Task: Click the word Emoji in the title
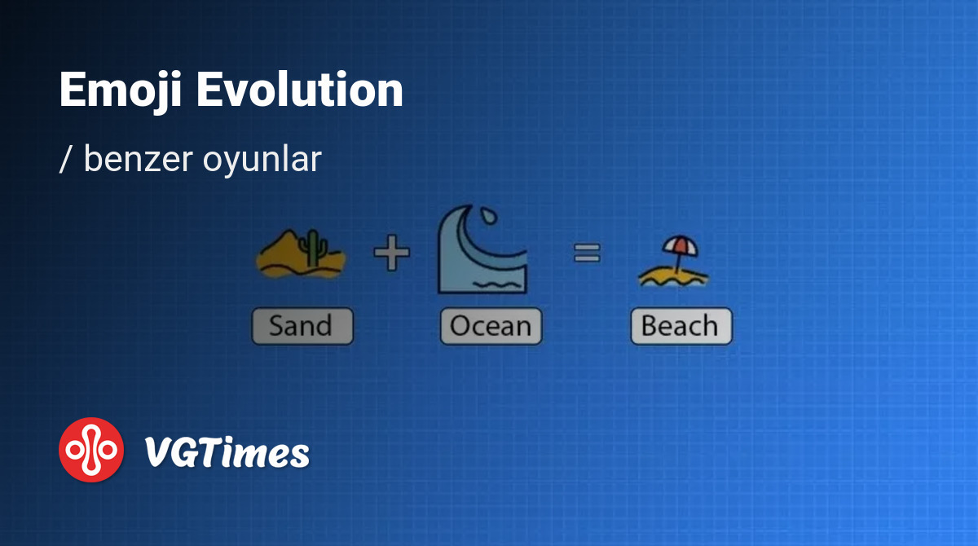[120, 91]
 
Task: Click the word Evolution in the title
[300, 89]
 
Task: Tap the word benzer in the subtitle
[139, 159]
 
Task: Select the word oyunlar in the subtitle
[262, 162]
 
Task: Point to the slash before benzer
[65, 160]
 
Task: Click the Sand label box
[302, 326]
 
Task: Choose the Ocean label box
[491, 326]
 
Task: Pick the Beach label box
[681, 326]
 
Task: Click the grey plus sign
[392, 253]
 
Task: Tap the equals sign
[587, 253]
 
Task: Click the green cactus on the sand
[313, 248]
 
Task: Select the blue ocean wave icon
[482, 249]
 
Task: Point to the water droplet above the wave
[488, 216]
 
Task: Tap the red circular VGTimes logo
[91, 450]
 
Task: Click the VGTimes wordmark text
[227, 452]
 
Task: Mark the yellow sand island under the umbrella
[673, 278]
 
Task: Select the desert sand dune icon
[302, 253]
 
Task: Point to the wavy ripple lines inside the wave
[497, 284]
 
